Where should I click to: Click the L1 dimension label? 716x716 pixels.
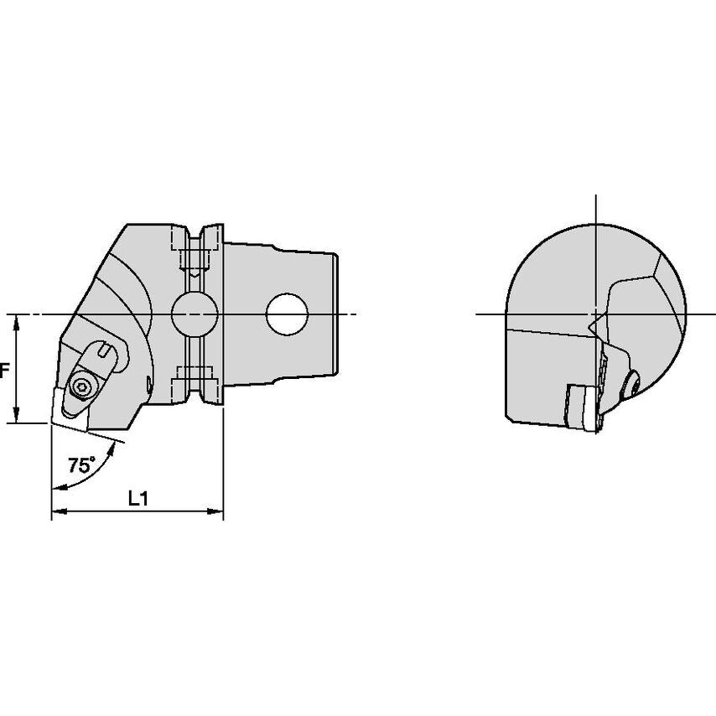(137, 499)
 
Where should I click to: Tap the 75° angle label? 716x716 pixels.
(82, 465)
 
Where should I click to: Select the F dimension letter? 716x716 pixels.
(4, 371)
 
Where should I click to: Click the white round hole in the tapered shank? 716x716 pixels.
(288, 314)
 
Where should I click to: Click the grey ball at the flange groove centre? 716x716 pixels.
(195, 314)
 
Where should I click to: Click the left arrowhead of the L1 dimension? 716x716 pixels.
(60, 511)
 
